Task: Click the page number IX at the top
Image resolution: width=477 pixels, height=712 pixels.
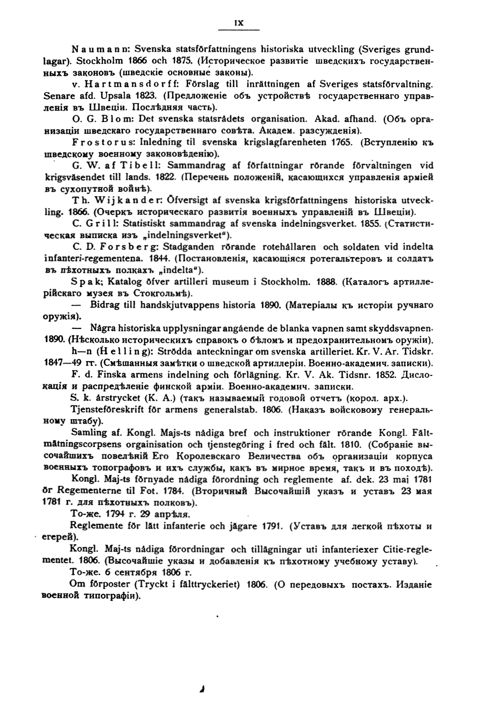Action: pyautogui.click(x=239, y=22)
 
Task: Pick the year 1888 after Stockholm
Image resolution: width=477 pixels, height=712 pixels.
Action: pyautogui.click(x=326, y=282)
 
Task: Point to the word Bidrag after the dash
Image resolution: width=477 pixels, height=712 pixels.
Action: pyautogui.click(x=104, y=305)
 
